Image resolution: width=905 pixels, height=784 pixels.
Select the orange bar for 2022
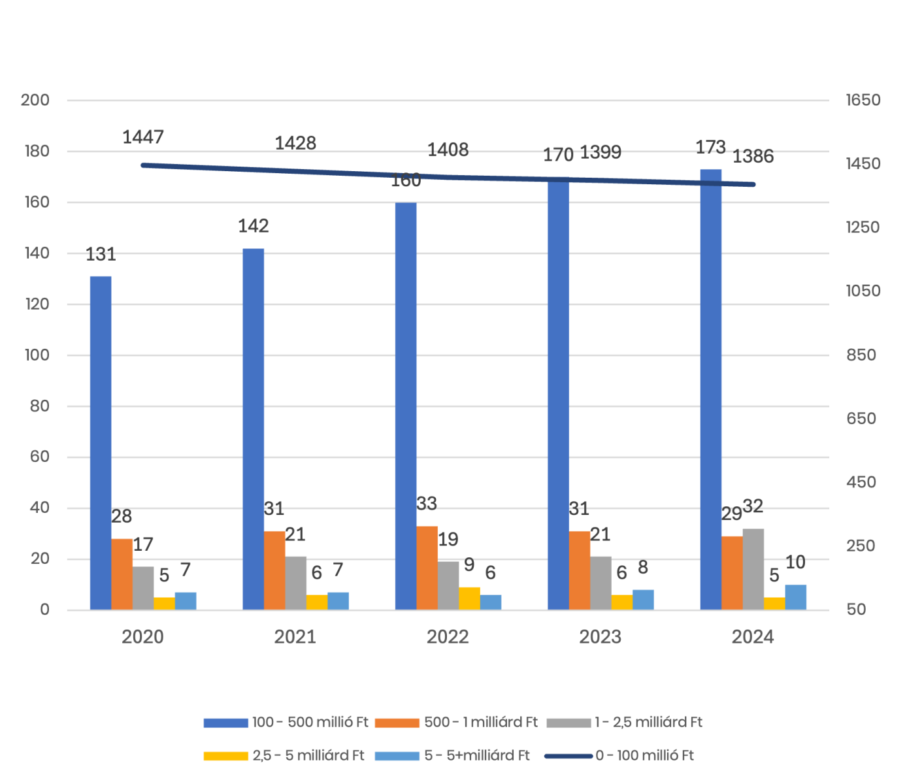[427, 568]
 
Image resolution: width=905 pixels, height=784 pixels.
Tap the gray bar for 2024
[753, 569]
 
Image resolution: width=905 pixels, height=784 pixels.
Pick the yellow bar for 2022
[470, 598]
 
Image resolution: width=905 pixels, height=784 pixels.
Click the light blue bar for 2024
[796, 597]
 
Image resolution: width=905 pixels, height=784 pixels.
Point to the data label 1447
[143, 137]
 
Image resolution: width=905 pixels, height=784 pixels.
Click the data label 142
[254, 226]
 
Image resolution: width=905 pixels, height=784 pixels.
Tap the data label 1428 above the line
[295, 143]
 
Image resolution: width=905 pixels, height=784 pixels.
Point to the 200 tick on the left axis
[35, 100]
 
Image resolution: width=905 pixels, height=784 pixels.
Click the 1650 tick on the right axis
[863, 100]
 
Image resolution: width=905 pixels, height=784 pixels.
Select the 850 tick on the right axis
[863, 355]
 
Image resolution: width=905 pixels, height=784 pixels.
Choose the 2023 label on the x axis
[600, 637]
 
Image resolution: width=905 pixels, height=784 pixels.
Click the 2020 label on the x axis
[142, 637]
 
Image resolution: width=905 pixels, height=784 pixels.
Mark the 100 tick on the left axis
[35, 355]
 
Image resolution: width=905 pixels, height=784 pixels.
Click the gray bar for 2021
[296, 583]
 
